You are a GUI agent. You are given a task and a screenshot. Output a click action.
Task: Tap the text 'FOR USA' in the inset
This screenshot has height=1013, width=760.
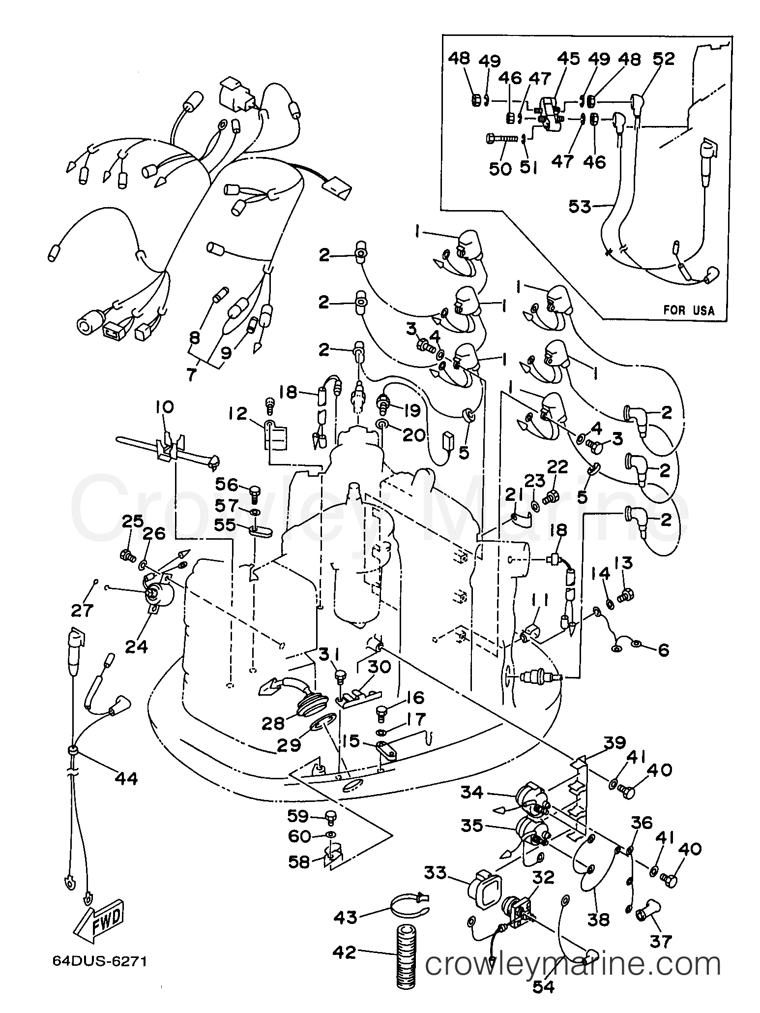point(688,310)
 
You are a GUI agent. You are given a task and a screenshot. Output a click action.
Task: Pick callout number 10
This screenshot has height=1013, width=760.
point(165,408)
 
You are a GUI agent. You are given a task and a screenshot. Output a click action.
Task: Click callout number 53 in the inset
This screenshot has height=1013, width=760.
point(580,207)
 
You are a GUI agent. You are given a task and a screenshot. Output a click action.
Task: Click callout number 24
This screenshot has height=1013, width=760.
point(136,646)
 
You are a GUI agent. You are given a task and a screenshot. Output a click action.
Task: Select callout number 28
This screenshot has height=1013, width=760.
point(273,723)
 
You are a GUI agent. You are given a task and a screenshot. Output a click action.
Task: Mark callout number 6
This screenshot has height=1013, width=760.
point(663,650)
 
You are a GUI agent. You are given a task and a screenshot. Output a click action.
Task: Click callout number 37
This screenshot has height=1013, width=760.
point(660,942)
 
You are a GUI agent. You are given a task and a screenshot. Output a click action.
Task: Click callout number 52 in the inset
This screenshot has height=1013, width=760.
point(664,59)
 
